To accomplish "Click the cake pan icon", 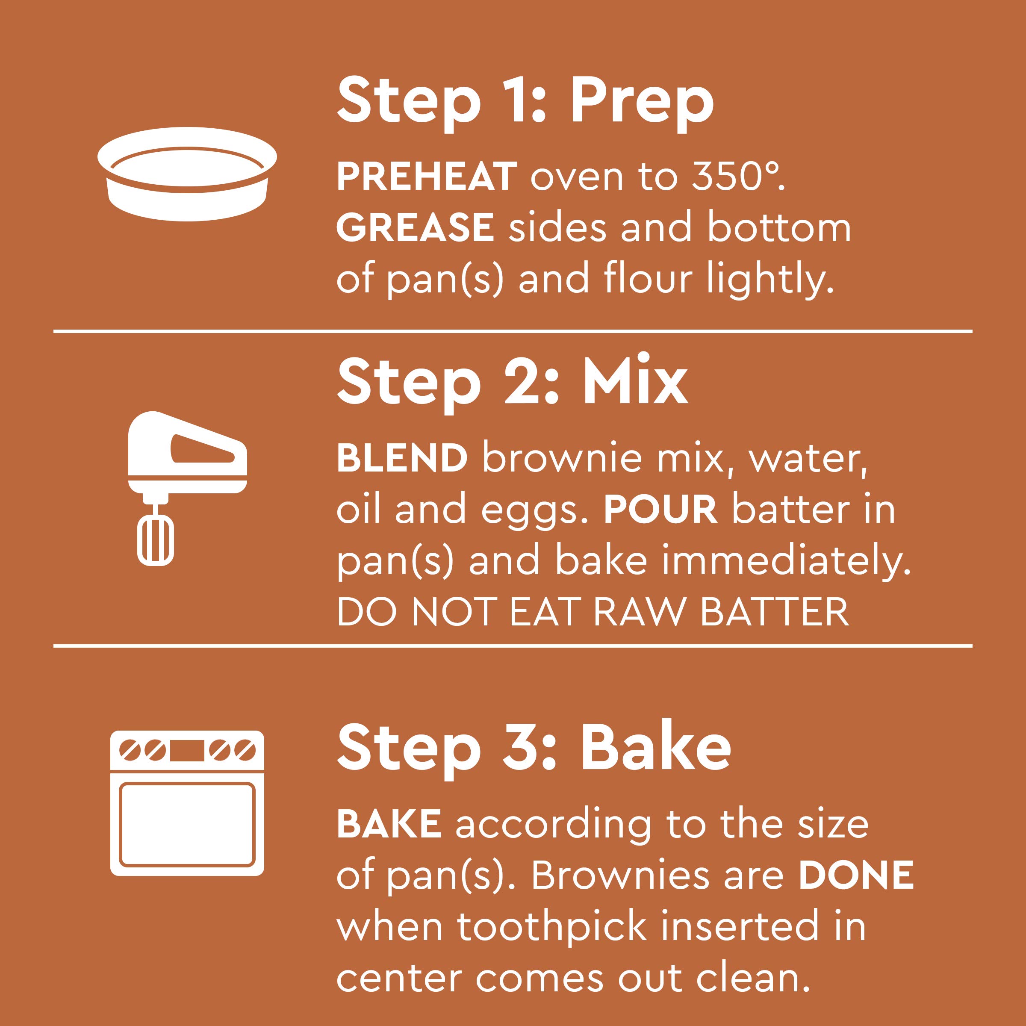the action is tap(187, 174).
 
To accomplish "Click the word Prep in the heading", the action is tap(642, 103).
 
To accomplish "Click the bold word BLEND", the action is tap(402, 457).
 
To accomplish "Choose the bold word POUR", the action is tap(660, 509).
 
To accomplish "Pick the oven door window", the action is tap(187, 824).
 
